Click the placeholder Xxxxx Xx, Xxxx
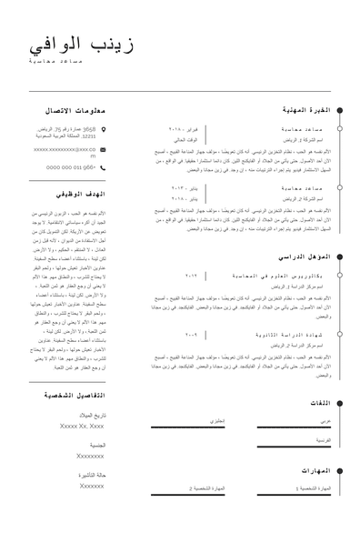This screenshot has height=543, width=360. (83, 426)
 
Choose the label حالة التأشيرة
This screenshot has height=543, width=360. (92, 475)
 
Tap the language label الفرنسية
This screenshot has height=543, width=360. (323, 440)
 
